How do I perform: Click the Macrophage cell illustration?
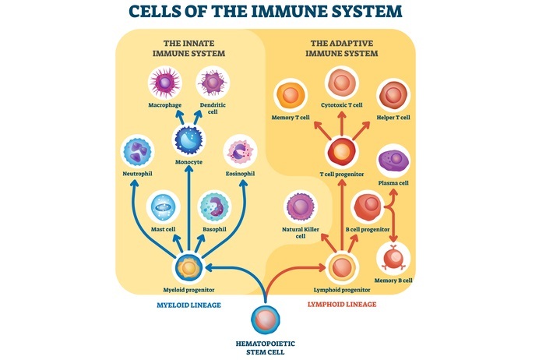point(165,83)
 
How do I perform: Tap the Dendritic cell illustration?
point(212,83)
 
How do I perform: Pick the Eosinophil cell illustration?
point(240,151)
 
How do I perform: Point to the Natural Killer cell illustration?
point(301,206)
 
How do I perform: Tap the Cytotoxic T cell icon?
point(340,83)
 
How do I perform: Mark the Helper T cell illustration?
point(393,96)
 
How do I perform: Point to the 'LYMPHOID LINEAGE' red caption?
point(343,304)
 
